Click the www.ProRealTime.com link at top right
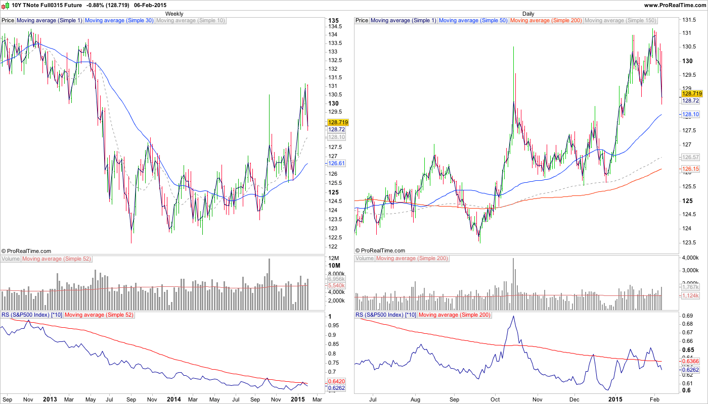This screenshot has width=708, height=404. [675, 5]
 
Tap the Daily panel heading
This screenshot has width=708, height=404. [528, 14]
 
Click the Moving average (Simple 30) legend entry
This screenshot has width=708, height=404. [119, 21]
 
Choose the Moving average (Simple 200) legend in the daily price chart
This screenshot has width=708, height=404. [546, 21]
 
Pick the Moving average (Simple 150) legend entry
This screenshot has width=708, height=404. [621, 21]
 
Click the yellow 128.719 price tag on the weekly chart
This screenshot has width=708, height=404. [338, 122]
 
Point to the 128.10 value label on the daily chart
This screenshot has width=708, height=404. [691, 115]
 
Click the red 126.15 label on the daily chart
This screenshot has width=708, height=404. [691, 169]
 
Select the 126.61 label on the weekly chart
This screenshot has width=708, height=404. [337, 163]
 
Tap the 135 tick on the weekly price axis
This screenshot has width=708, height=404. [333, 21]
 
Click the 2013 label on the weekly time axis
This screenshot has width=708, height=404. [50, 399]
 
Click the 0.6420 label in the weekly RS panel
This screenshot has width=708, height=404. [337, 381]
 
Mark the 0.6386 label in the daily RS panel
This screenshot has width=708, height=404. [691, 361]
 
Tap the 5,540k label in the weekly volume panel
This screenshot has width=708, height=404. [337, 285]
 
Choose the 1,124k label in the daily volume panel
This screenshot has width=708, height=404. [691, 295]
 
